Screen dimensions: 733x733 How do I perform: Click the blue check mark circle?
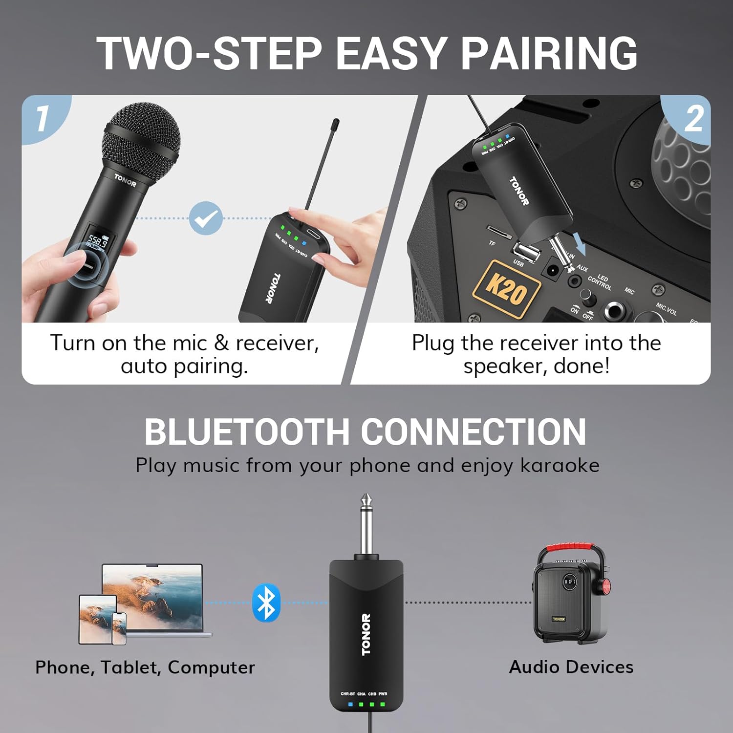click(x=206, y=218)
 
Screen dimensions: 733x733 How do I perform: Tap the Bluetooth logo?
click(x=266, y=603)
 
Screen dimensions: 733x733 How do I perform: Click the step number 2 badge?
click(x=693, y=119)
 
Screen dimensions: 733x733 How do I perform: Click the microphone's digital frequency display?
click(x=98, y=241)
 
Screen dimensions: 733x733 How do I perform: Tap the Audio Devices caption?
click(x=571, y=667)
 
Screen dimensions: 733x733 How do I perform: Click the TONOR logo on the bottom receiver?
click(x=366, y=634)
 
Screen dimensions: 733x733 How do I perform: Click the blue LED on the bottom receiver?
click(x=350, y=704)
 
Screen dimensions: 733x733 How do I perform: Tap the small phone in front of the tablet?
click(x=119, y=627)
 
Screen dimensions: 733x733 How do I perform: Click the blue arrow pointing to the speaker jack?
click(x=579, y=243)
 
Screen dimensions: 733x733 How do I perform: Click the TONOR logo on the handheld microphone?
click(x=125, y=180)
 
